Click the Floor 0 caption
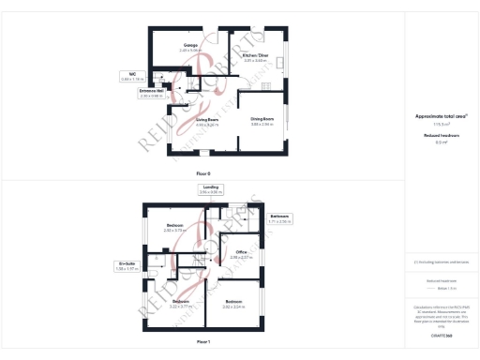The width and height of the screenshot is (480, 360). [x=203, y=173]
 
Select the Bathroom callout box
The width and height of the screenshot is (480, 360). [x=280, y=219]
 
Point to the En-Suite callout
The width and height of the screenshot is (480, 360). [x=127, y=266]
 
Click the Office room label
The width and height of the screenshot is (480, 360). [x=241, y=254]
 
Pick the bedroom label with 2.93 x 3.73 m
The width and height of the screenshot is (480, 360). [x=175, y=228]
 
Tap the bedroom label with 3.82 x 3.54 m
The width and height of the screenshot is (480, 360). [x=233, y=304]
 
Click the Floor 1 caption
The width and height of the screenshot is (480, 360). [x=203, y=343]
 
